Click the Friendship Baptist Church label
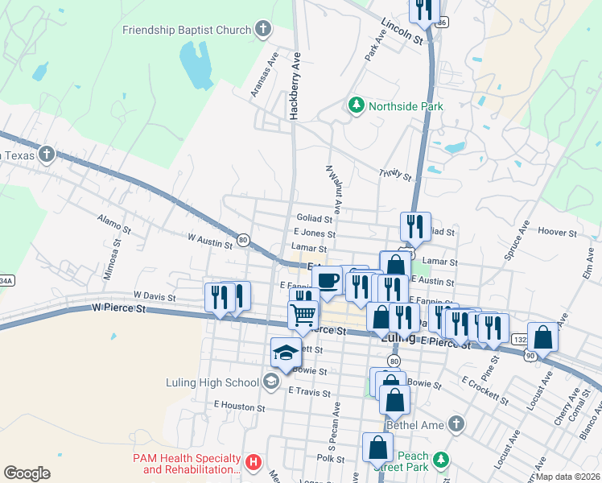coord(187,31)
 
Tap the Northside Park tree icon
coord(356,105)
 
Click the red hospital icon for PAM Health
coord(254,462)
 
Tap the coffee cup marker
coord(327,279)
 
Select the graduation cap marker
coord(285,351)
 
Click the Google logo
coord(27,473)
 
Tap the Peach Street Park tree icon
coord(439,460)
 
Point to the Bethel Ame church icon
coord(457,423)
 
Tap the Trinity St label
coord(395,175)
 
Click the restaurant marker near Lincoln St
coord(423,9)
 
